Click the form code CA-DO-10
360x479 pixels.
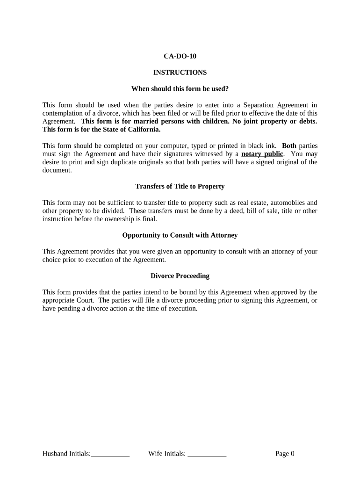[180, 56]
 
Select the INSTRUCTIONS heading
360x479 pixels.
[180, 73]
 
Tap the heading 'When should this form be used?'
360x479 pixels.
[180, 88]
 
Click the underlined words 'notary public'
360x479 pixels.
[262, 154]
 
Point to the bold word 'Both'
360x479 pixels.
[289, 145]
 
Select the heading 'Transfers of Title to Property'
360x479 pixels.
[180, 186]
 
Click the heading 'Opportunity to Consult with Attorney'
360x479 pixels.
[180, 235]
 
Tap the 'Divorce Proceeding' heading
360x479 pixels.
[180, 276]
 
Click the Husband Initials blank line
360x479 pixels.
[110, 454]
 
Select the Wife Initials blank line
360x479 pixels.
[207, 454]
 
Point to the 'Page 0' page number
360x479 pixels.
[285, 453]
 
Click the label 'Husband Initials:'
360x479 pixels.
[66, 453]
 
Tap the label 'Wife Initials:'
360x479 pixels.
[167, 453]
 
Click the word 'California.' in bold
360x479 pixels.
[144, 130]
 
